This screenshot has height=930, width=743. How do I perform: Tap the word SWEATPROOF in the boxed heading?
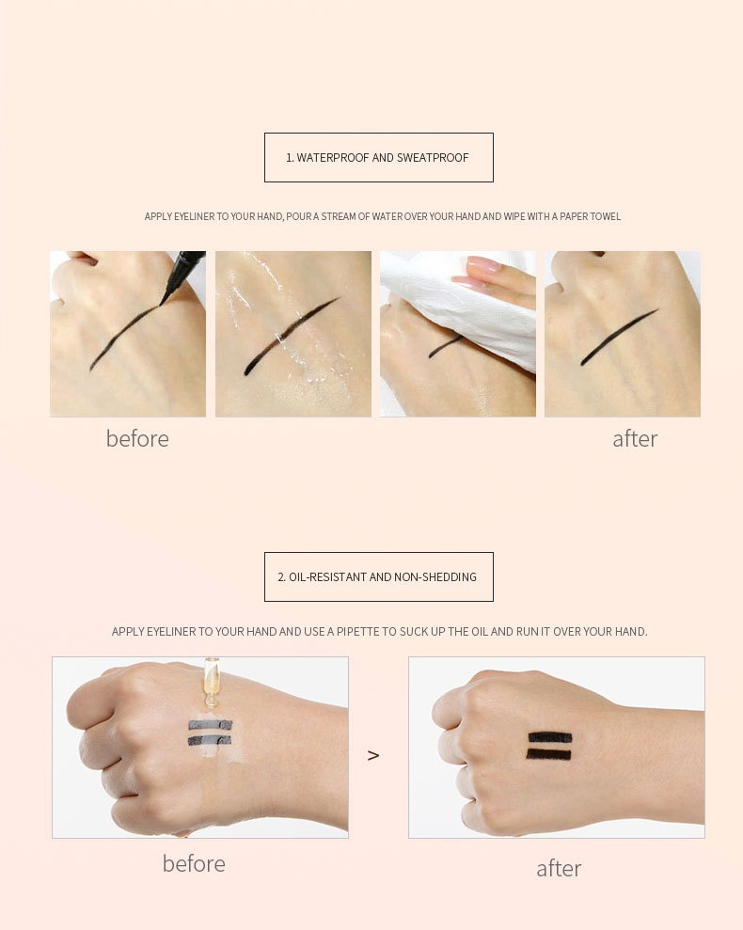click(433, 158)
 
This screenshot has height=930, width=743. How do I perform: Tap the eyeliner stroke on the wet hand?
click(292, 335)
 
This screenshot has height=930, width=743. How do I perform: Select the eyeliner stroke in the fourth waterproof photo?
click(620, 337)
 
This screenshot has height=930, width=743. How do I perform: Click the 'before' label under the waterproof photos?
click(137, 439)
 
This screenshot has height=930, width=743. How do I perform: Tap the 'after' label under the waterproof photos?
click(635, 439)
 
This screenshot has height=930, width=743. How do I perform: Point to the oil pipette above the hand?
click(211, 682)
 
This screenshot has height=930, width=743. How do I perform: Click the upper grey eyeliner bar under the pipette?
click(210, 725)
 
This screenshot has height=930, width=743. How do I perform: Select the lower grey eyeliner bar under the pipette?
click(209, 740)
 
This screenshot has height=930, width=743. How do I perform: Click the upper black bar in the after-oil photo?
click(550, 737)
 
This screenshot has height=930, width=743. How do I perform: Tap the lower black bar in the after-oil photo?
click(549, 754)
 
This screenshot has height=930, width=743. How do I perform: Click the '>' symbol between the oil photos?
click(373, 755)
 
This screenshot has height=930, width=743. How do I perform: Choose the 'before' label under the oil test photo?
click(194, 863)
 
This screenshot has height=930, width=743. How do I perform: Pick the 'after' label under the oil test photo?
click(559, 868)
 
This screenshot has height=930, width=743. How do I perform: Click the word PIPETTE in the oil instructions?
click(358, 632)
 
